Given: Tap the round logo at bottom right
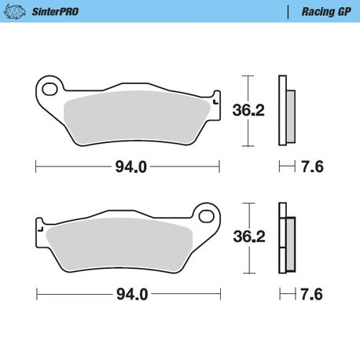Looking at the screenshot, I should click(346, 346).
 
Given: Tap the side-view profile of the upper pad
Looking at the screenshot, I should click(286, 111).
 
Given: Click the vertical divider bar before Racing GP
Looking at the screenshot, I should click(288, 12).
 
